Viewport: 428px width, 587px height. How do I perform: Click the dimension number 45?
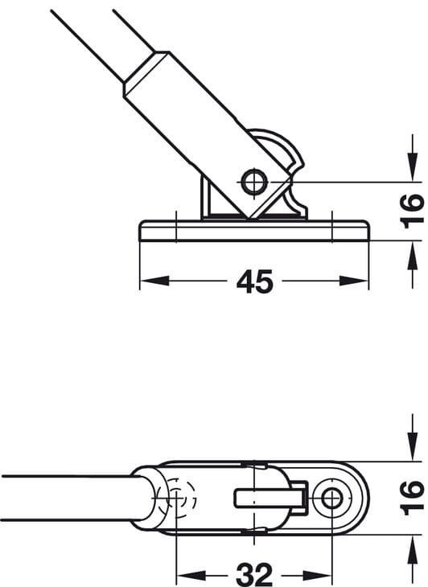coord(254,281)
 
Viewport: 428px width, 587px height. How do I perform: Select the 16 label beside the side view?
coord(412,211)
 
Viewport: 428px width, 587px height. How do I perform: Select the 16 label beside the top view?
coord(412,498)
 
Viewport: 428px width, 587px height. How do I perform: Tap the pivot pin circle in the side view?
coord(254,182)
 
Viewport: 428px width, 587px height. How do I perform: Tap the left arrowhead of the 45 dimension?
coord(154,281)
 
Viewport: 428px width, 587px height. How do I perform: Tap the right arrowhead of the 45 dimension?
coord(354,281)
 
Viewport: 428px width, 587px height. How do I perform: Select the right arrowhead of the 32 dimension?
coord(318,574)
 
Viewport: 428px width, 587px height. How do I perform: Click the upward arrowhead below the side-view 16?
coord(412,256)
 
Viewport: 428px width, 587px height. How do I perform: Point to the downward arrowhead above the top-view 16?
coord(412,445)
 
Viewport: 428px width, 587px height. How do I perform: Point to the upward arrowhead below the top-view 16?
coord(412,550)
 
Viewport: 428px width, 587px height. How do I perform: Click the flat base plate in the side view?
coord(254,230)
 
